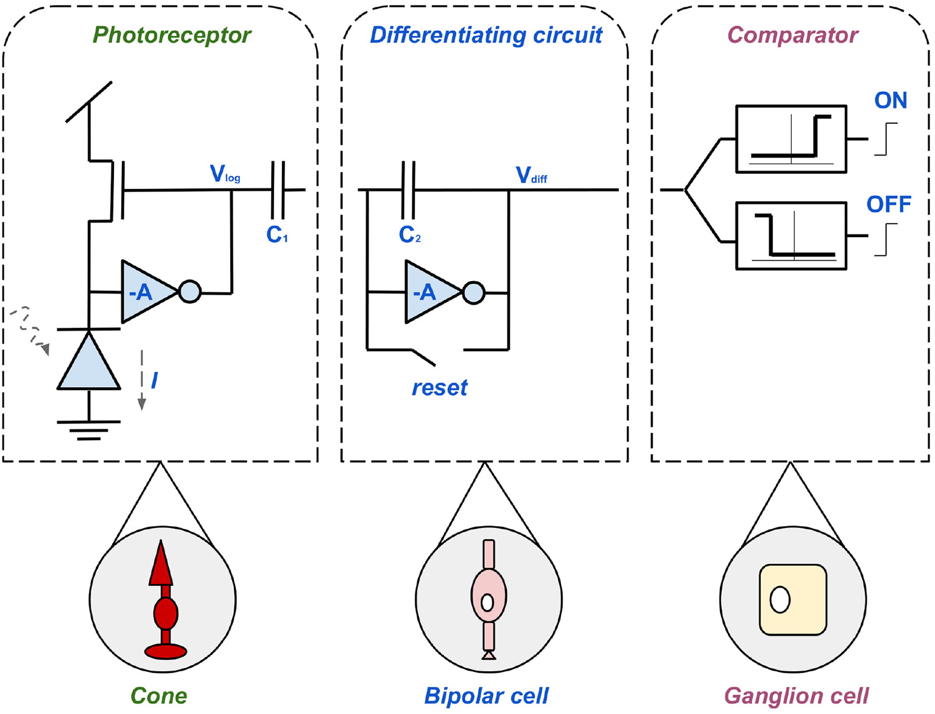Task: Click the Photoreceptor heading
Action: [x=171, y=35]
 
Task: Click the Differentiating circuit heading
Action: [x=485, y=35]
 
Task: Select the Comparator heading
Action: [x=792, y=35]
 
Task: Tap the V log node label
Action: [x=225, y=174]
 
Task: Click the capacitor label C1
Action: [x=277, y=235]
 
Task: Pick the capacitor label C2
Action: [x=409, y=235]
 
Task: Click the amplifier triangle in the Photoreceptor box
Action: [x=146, y=292]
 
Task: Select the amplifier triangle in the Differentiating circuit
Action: [x=430, y=292]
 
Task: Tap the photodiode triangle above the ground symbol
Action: [x=89, y=365]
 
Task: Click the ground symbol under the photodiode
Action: [x=89, y=429]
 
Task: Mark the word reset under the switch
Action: [x=439, y=388]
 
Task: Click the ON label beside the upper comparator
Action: [x=890, y=101]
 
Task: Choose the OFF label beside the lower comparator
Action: [x=889, y=205]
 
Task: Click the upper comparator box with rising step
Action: [x=791, y=139]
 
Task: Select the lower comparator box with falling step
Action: [x=791, y=236]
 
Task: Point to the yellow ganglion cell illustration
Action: [x=792, y=599]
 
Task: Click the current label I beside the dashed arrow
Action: [x=154, y=380]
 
